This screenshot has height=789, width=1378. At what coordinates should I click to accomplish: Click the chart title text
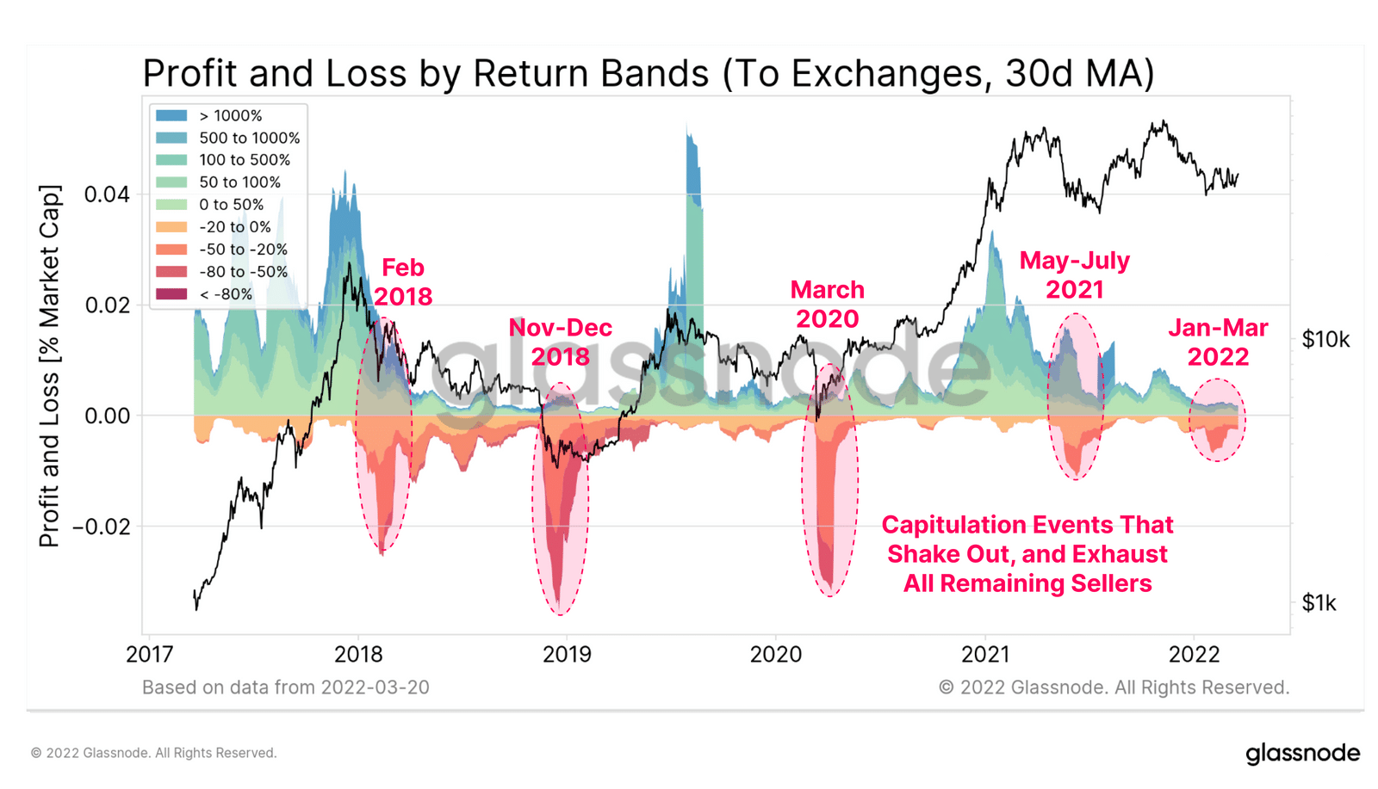click(x=648, y=74)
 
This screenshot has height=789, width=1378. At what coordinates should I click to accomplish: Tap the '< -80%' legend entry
click(x=226, y=294)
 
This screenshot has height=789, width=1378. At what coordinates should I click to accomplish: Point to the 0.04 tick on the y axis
click(x=107, y=194)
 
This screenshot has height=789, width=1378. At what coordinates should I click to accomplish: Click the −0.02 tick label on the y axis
click(x=102, y=527)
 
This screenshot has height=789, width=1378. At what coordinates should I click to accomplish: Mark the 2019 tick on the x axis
click(x=567, y=655)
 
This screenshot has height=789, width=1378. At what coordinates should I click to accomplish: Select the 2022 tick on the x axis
click(x=1194, y=655)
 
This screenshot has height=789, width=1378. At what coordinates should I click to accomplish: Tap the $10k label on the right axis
click(x=1325, y=340)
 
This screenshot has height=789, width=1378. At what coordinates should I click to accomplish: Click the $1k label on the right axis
click(x=1319, y=603)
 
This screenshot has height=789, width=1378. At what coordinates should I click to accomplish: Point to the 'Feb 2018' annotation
click(x=402, y=282)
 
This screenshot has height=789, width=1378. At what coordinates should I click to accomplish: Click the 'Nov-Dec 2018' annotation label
click(x=560, y=342)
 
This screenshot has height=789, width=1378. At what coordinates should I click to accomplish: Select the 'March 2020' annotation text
click(x=827, y=304)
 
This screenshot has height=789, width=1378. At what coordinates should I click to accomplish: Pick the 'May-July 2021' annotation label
click(x=1074, y=274)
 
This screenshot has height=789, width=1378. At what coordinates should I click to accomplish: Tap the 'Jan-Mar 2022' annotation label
click(x=1218, y=342)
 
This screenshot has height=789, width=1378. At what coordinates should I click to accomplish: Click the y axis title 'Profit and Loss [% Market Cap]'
click(x=50, y=366)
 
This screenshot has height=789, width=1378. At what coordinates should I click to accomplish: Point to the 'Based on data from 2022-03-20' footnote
click(x=285, y=687)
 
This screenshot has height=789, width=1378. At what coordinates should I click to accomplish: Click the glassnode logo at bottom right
click(x=1302, y=754)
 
